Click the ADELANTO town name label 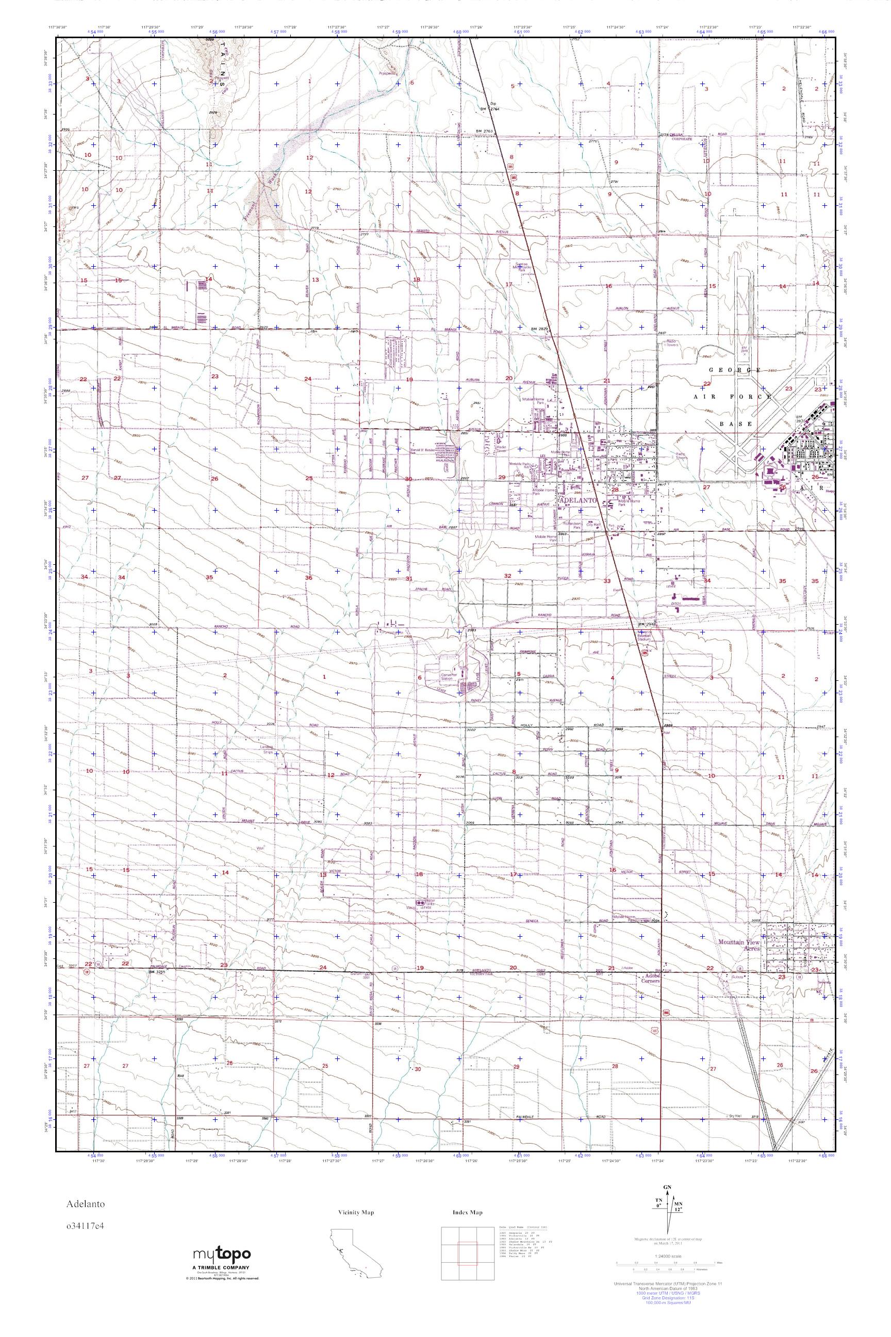coord(578,500)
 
